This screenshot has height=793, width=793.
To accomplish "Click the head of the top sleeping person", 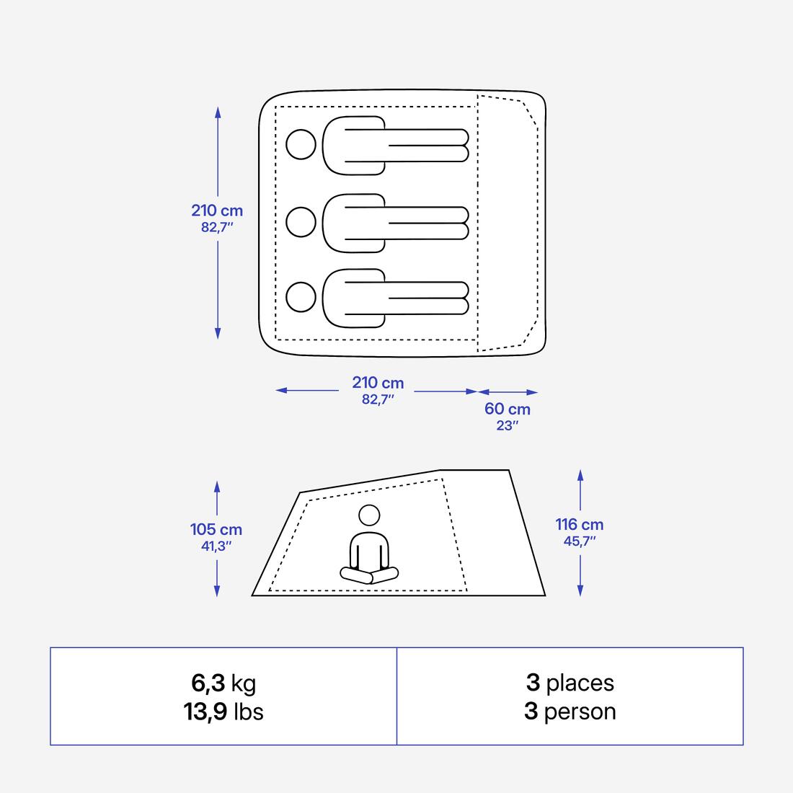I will point(301,144).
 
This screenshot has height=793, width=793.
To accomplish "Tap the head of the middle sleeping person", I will point(301,221).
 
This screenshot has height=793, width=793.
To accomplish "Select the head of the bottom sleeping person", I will point(301,296).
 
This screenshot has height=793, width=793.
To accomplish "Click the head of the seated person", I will point(369,515).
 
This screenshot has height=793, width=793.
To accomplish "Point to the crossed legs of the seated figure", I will point(369,575).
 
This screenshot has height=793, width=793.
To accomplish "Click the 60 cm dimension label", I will point(508,409).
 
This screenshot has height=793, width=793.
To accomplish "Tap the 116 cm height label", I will point(580,525).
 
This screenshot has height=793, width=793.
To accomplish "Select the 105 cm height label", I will point(216,530).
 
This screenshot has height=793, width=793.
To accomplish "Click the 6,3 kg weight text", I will point(223,682).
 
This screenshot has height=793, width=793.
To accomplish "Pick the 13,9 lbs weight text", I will point(223,712).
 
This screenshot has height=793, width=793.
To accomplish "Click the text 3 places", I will point(570,682).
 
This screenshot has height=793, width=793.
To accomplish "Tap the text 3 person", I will point(570,712).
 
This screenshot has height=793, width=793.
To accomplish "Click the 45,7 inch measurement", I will point(580,541).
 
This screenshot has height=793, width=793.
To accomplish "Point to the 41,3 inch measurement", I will point(216,546).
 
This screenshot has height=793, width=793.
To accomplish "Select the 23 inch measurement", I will point(508,425).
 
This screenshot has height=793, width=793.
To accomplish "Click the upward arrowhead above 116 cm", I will point(580,474).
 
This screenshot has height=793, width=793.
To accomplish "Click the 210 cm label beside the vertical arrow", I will point(217,211).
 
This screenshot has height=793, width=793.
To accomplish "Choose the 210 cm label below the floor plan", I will point(378,383).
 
